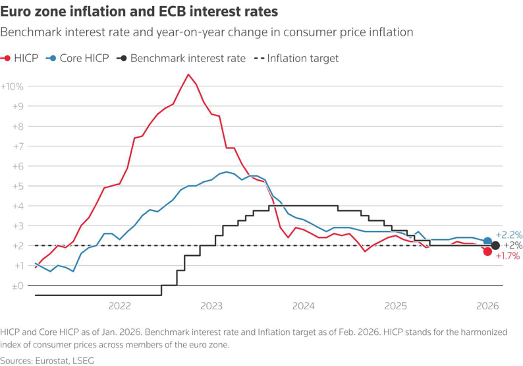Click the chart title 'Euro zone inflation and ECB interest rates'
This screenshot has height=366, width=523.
[x=139, y=12]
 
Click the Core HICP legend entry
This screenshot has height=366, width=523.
[x=77, y=58]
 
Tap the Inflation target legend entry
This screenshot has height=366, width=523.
[x=296, y=58]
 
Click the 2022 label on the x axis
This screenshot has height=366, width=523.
[x=119, y=306]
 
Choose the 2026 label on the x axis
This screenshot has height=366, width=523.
[x=487, y=306]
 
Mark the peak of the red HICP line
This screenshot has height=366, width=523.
[x=188, y=75]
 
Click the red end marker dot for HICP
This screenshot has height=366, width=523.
[x=487, y=252]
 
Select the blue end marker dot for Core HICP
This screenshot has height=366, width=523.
[x=487, y=241]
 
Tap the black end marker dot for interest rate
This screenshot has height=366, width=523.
[x=495, y=245]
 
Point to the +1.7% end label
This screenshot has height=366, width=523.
[x=507, y=256]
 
